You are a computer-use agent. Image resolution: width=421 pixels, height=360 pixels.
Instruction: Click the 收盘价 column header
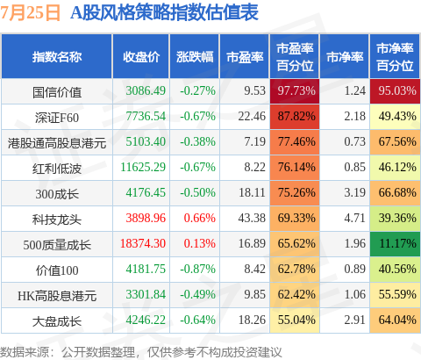pos(141,57)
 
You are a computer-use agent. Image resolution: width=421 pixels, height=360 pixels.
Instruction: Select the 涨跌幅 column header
pos(195,57)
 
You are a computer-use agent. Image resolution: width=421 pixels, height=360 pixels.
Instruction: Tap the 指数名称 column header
pos(57,57)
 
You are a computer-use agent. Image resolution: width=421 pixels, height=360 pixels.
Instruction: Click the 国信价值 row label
pos(57,92)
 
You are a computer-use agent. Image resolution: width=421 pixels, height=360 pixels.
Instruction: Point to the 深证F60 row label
pos(57,118)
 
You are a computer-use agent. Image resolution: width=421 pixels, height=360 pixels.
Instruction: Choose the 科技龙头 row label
pos(57,220)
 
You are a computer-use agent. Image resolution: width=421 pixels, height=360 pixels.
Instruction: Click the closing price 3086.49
pos(146,90)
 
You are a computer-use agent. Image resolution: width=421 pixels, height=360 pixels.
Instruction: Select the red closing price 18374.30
pos(143,243)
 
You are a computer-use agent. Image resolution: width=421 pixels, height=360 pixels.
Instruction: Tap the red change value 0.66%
pos(199,218)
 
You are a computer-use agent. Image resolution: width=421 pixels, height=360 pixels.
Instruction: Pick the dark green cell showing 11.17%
pos(395,244)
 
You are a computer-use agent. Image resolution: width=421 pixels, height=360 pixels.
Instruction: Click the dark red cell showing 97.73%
pos(295,91)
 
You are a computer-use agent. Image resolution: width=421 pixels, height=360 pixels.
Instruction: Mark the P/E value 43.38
pos(252,218)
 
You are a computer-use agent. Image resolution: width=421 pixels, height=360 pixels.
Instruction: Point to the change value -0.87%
pos(197,269)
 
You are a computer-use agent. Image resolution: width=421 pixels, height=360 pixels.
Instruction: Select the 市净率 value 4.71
pos(354,218)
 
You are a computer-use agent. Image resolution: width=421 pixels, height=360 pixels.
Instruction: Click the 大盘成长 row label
pos(57,321)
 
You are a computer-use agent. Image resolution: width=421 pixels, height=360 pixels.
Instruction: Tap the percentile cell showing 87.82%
pos(295,117)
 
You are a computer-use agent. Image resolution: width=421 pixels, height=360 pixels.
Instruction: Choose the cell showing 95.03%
pos(395,91)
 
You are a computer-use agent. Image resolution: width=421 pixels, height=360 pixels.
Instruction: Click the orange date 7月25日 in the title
pos(30,12)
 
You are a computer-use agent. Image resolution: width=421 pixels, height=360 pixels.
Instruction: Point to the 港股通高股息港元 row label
pos(57,143)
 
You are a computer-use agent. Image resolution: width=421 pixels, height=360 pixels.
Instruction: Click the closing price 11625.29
pos(143,167)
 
